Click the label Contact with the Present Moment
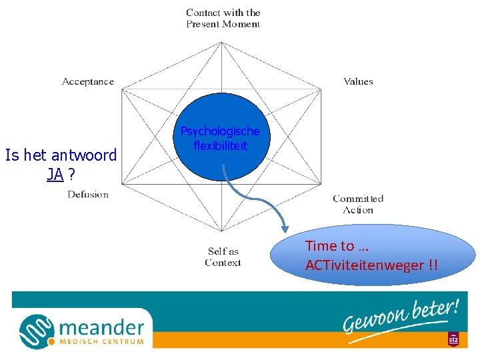tap(223, 18)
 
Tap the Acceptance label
tap(88, 81)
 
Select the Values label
tap(358, 81)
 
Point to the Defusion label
tap(87, 195)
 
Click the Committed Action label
tap(358, 204)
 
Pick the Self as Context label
tap(223, 257)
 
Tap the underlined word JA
tap(55, 175)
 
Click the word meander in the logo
tap(101, 327)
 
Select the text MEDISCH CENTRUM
tap(101, 342)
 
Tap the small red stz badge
tap(453, 339)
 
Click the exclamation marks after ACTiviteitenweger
tap(433, 265)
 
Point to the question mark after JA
tap(71, 175)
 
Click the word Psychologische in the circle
tap(220, 131)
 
